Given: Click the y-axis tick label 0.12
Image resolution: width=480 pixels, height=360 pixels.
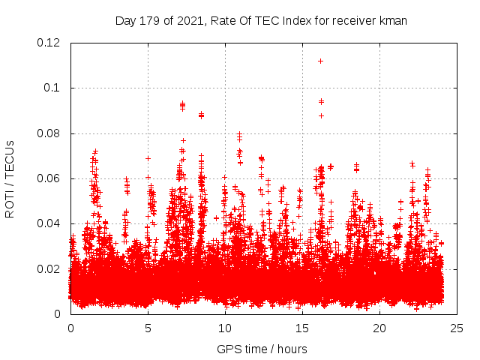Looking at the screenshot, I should click(x=50, y=43).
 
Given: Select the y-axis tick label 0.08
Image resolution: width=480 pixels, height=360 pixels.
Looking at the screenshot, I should click(x=50, y=133).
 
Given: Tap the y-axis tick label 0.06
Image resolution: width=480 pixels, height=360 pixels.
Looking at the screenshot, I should click(x=50, y=178).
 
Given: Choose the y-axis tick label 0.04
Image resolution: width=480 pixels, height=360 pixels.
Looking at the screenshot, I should click(x=50, y=223).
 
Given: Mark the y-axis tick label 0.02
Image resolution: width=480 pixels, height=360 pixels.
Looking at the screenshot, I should click(x=50, y=268).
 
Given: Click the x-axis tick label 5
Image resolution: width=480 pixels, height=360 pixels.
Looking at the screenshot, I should click(x=148, y=328).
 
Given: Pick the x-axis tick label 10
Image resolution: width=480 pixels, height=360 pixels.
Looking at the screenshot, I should click(x=225, y=328).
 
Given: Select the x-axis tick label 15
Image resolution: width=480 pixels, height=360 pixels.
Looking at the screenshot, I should click(x=302, y=328).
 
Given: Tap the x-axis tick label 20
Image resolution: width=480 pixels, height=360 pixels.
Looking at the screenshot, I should click(x=379, y=328).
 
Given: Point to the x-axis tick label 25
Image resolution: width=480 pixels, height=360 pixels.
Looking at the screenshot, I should click(x=457, y=328).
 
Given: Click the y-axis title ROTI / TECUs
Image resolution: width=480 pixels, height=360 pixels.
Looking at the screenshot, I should click(x=10, y=178).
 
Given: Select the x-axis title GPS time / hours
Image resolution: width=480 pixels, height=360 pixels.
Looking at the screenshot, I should click(x=262, y=349).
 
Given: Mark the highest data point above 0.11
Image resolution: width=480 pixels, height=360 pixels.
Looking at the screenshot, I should click(x=320, y=61).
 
